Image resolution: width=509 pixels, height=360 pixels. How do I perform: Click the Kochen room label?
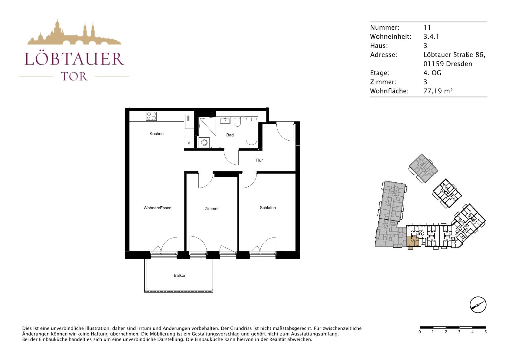[157, 134]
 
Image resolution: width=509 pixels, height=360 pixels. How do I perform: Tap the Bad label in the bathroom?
[230, 135]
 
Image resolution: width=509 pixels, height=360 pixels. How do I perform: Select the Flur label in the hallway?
[259, 160]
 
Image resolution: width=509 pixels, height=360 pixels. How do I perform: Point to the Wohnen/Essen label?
[158, 208]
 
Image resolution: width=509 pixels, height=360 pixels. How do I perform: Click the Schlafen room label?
[268, 208]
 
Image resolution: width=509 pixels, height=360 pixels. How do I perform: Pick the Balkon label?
[180, 276]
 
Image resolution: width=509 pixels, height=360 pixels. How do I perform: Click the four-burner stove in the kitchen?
[151, 116]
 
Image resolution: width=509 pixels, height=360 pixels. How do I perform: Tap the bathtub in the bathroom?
[251, 131]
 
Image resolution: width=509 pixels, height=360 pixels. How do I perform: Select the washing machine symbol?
[204, 142]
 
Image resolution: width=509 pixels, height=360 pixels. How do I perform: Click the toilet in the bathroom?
[237, 122]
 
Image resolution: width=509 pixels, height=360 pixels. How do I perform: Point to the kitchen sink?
[189, 122]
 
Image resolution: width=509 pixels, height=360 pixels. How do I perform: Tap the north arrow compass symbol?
[478, 305]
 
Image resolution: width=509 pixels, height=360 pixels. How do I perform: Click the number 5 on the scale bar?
[486, 332]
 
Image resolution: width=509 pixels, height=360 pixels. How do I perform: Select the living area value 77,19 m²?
[438, 91]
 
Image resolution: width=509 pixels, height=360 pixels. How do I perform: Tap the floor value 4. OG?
[432, 73]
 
